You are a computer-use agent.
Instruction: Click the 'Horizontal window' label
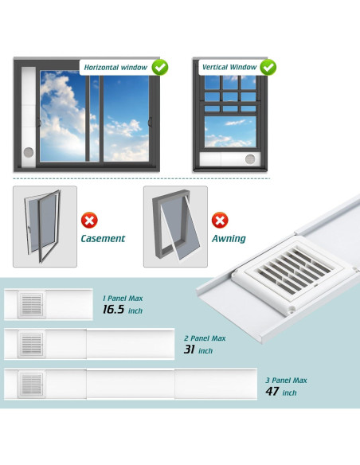116,68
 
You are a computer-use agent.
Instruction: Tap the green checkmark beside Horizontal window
160,67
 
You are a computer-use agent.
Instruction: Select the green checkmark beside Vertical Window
268,67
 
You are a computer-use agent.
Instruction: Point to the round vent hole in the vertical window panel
251,159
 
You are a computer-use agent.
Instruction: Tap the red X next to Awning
220,220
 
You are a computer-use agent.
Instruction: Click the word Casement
103,238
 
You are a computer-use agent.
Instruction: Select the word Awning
229,238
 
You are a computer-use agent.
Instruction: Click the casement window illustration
45,226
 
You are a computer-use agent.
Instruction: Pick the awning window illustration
174,226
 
